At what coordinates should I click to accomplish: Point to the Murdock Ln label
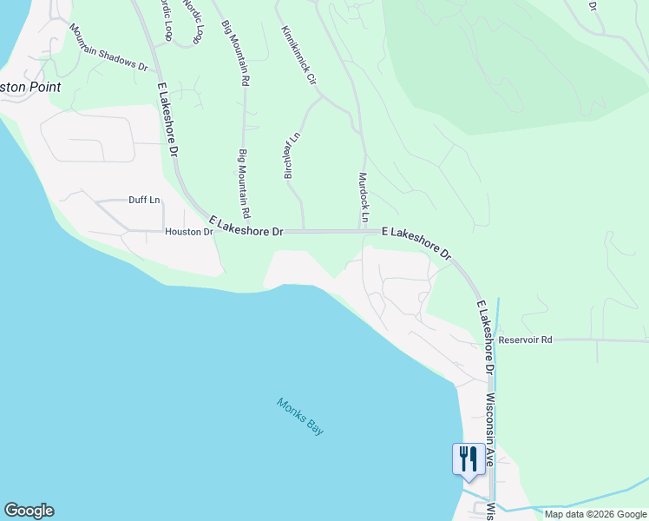point(364,195)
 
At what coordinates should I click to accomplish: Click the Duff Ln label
point(144,200)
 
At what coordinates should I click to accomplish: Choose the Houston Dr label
point(188,232)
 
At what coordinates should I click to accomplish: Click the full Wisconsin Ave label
point(489,431)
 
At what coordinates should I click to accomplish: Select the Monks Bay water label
point(300,416)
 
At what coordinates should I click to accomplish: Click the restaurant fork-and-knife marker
point(469,458)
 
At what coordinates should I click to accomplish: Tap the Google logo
point(29,511)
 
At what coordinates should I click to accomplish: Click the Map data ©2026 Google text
point(595,514)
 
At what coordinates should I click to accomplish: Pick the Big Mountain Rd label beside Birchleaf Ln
point(244,182)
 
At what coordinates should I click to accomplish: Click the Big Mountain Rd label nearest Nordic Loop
point(235,53)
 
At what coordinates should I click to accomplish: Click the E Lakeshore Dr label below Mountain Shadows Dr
point(168,119)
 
